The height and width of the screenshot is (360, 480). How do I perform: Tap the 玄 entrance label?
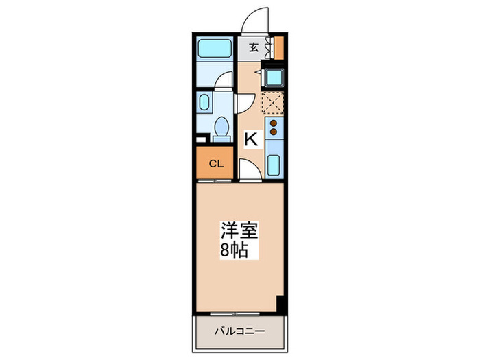coord(254,47)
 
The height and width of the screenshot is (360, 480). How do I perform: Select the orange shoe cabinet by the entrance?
coord(279,47)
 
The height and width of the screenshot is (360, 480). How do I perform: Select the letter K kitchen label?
coord(252,139)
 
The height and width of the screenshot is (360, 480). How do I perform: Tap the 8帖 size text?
coord(235,250)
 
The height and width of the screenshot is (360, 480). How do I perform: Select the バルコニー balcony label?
coord(239,331)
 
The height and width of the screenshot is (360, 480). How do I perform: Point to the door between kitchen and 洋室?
coord(248,171)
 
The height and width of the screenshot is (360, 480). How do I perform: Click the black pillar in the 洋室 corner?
coord(280,302)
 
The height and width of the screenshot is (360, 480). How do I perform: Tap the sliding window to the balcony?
coord(239,315)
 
